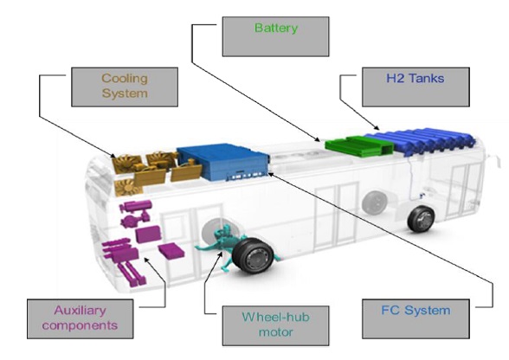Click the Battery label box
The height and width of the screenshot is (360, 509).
pyautogui.click(x=275, y=36)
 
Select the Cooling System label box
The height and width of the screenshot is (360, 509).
pyautogui.click(x=125, y=87)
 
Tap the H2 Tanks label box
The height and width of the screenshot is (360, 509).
pyautogui.click(x=416, y=87)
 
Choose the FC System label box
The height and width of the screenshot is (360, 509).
pyautogui.click(x=416, y=318)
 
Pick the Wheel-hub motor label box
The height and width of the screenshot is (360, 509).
pyautogui.click(x=275, y=325)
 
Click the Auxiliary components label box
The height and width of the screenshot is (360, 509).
pyautogui.click(x=81, y=318)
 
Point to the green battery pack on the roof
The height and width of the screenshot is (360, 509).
pyautogui.click(x=359, y=146)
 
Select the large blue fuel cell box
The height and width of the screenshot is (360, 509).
pyautogui.click(x=223, y=162)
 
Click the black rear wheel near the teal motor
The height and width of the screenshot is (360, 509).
pyautogui.click(x=253, y=255)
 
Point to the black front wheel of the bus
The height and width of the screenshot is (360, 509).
pyautogui.click(x=421, y=218)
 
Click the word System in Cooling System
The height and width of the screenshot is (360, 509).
pyautogui.click(x=125, y=93)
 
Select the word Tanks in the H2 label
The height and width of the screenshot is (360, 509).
pyautogui.click(x=427, y=78)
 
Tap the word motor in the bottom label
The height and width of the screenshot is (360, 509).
pyautogui.click(x=275, y=332)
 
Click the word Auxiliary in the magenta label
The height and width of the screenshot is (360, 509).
pyautogui.click(x=81, y=311)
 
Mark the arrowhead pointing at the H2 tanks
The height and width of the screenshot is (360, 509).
pyautogui.click(x=377, y=127)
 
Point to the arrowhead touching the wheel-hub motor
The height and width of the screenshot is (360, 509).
pyautogui.click(x=221, y=254)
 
